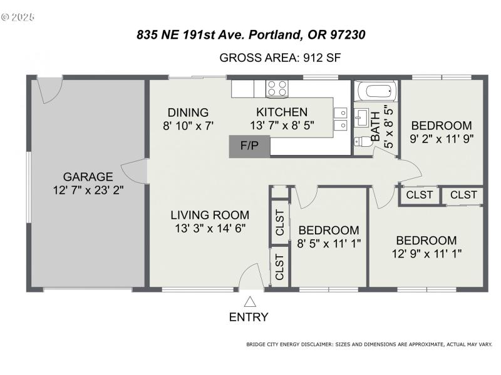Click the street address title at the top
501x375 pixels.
coord(250,36)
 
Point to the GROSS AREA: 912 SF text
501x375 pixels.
coord(280,58)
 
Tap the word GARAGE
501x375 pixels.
coord(88,177)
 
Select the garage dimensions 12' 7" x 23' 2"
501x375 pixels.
coord(88,190)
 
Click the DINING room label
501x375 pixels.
coord(187,113)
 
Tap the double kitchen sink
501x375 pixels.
coord(341,119)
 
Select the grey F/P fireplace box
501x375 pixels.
coord(249,146)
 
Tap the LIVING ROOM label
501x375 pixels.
coord(210,215)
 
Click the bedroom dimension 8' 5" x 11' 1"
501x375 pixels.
coord(329,243)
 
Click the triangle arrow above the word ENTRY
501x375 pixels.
coord(249,302)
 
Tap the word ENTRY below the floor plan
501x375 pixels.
coord(249,317)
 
